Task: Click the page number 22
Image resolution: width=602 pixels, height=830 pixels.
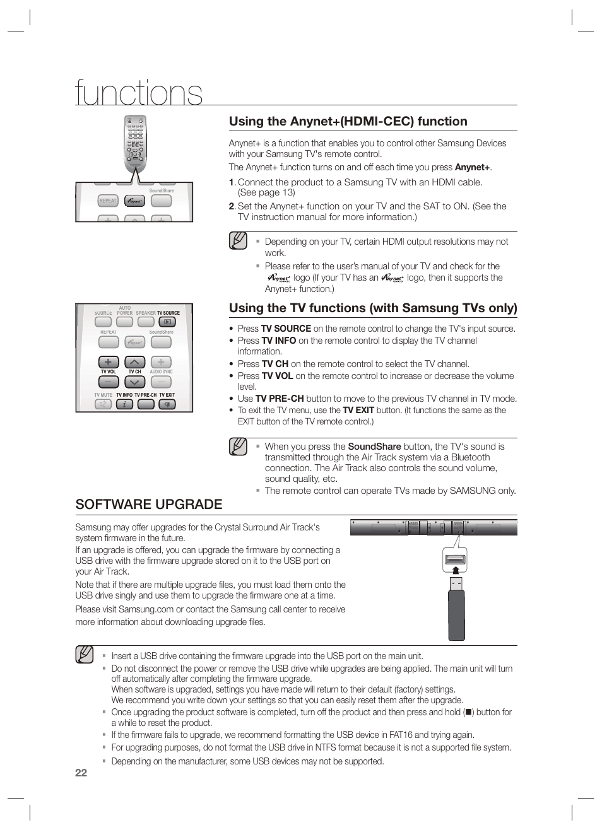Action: pos(81,773)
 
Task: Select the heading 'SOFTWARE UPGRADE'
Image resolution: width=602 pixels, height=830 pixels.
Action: pos(148,504)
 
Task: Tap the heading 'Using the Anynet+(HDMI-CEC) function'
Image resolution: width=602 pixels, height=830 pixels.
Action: pos(348,121)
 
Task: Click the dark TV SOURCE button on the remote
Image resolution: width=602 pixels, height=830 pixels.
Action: pos(167,322)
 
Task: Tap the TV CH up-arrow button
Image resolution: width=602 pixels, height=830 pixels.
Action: pos(134,362)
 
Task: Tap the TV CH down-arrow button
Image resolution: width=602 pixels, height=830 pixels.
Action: pos(134,382)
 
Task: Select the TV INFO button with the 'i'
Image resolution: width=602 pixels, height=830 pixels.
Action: pos(124,404)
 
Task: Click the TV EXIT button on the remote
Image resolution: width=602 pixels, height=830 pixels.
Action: pos(167,404)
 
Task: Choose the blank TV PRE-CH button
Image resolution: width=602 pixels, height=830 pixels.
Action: pos(146,404)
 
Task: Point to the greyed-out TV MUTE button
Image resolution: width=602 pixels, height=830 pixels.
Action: pos(103,404)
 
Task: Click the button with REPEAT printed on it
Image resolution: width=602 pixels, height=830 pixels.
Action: pos(108,201)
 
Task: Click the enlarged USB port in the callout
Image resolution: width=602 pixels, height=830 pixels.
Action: pos(455,559)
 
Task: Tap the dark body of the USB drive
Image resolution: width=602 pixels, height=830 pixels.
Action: pos(456,615)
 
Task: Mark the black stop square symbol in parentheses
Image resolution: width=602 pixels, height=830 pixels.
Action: pos(468,712)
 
